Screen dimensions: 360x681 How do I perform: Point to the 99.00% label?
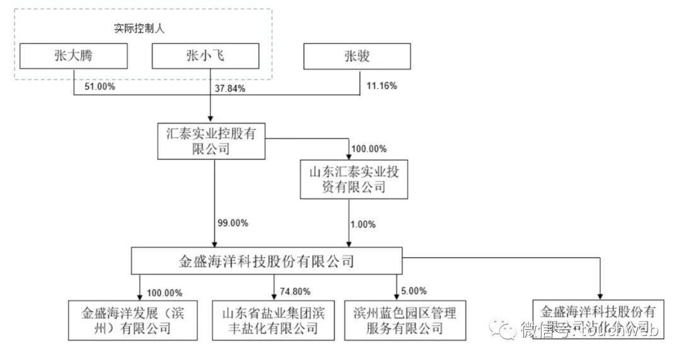point(233,223)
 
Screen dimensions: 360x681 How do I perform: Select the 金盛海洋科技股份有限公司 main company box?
point(265,260)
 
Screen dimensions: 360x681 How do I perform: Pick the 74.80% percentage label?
point(295,292)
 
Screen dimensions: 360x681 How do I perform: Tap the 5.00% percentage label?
point(414,291)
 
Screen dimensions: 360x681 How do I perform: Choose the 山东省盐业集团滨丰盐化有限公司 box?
point(273,320)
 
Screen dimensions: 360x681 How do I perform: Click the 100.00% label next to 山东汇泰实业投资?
point(368,149)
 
